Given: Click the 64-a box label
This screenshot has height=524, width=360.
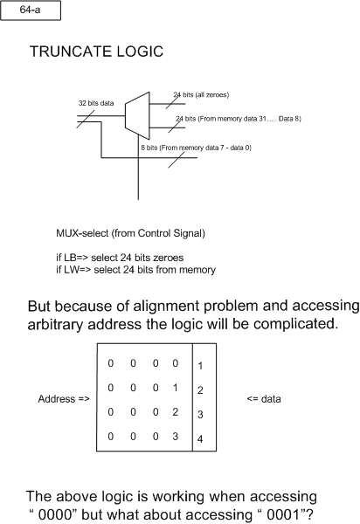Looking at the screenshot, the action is (x=30, y=10).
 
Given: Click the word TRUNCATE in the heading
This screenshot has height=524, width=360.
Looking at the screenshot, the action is (x=71, y=52).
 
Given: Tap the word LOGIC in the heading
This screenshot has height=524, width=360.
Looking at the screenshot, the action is (x=140, y=52).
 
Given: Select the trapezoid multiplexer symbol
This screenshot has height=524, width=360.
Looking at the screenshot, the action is (x=137, y=115).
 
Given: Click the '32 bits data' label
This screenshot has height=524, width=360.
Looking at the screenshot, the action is (x=96, y=103).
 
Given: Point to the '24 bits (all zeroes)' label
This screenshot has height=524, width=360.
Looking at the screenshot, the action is (x=201, y=95).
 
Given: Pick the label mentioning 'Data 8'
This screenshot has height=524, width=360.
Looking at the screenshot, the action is (x=239, y=119).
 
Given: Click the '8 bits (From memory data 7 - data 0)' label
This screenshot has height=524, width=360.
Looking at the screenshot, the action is (x=196, y=148).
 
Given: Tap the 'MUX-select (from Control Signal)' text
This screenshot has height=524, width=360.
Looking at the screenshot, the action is (x=130, y=233).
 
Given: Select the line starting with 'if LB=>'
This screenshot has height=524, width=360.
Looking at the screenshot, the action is (x=120, y=258).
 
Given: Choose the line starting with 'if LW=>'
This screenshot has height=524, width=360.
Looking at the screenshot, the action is (x=135, y=270).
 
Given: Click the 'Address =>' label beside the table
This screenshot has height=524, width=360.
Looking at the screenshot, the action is (x=64, y=399).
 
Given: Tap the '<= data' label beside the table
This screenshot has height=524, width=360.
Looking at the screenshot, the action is (x=264, y=399).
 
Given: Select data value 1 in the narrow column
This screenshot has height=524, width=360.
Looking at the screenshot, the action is (x=200, y=366).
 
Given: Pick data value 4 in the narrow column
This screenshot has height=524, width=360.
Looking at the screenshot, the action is (x=200, y=438).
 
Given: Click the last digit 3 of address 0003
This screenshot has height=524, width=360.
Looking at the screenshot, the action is (x=175, y=436).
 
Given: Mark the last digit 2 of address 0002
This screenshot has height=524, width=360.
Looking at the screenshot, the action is (x=175, y=411).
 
